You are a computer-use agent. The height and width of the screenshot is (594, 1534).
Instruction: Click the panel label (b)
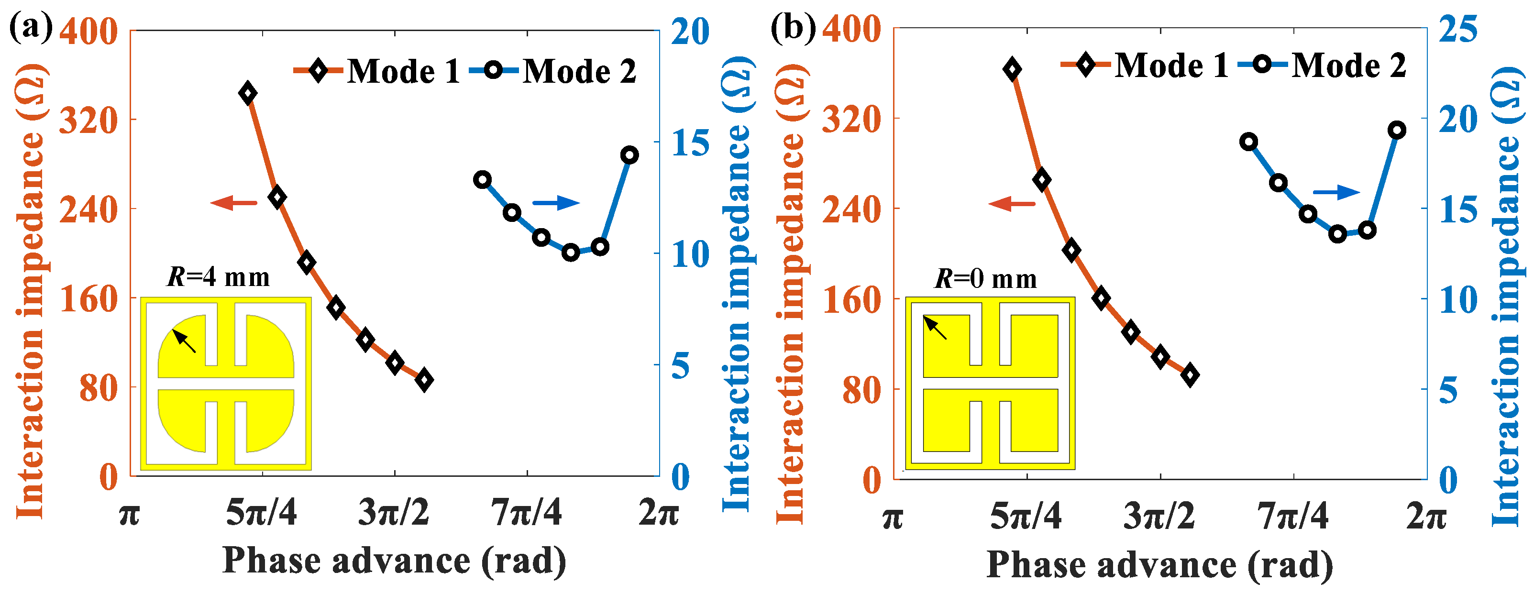click(793, 27)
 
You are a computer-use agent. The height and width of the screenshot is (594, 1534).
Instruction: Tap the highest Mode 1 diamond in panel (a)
click(248, 93)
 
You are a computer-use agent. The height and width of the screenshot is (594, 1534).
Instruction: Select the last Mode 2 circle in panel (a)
click(629, 155)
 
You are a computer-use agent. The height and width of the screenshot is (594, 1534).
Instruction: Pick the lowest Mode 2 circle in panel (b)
click(1337, 234)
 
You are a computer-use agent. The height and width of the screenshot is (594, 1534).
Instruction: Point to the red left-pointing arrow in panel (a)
click(233, 203)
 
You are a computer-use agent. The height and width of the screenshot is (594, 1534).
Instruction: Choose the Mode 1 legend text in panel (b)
click(1171, 65)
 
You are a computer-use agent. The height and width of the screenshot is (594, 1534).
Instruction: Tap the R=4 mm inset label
click(219, 277)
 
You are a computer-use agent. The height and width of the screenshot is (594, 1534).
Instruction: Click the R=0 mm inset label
click(985, 278)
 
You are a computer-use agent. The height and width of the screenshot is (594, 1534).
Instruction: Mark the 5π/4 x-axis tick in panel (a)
click(262, 513)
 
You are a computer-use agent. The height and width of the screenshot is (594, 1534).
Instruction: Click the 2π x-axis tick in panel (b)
click(1426, 516)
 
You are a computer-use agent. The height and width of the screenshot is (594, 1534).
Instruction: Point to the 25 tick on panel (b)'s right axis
click(1458, 29)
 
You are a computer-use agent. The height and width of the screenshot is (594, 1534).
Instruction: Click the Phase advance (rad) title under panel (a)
click(394, 561)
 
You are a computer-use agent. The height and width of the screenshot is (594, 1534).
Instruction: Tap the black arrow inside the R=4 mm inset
click(184, 341)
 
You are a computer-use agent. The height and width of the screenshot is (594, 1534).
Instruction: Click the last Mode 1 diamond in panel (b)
click(1190, 375)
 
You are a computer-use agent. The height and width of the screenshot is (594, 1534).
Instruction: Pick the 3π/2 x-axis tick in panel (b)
click(1159, 516)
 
